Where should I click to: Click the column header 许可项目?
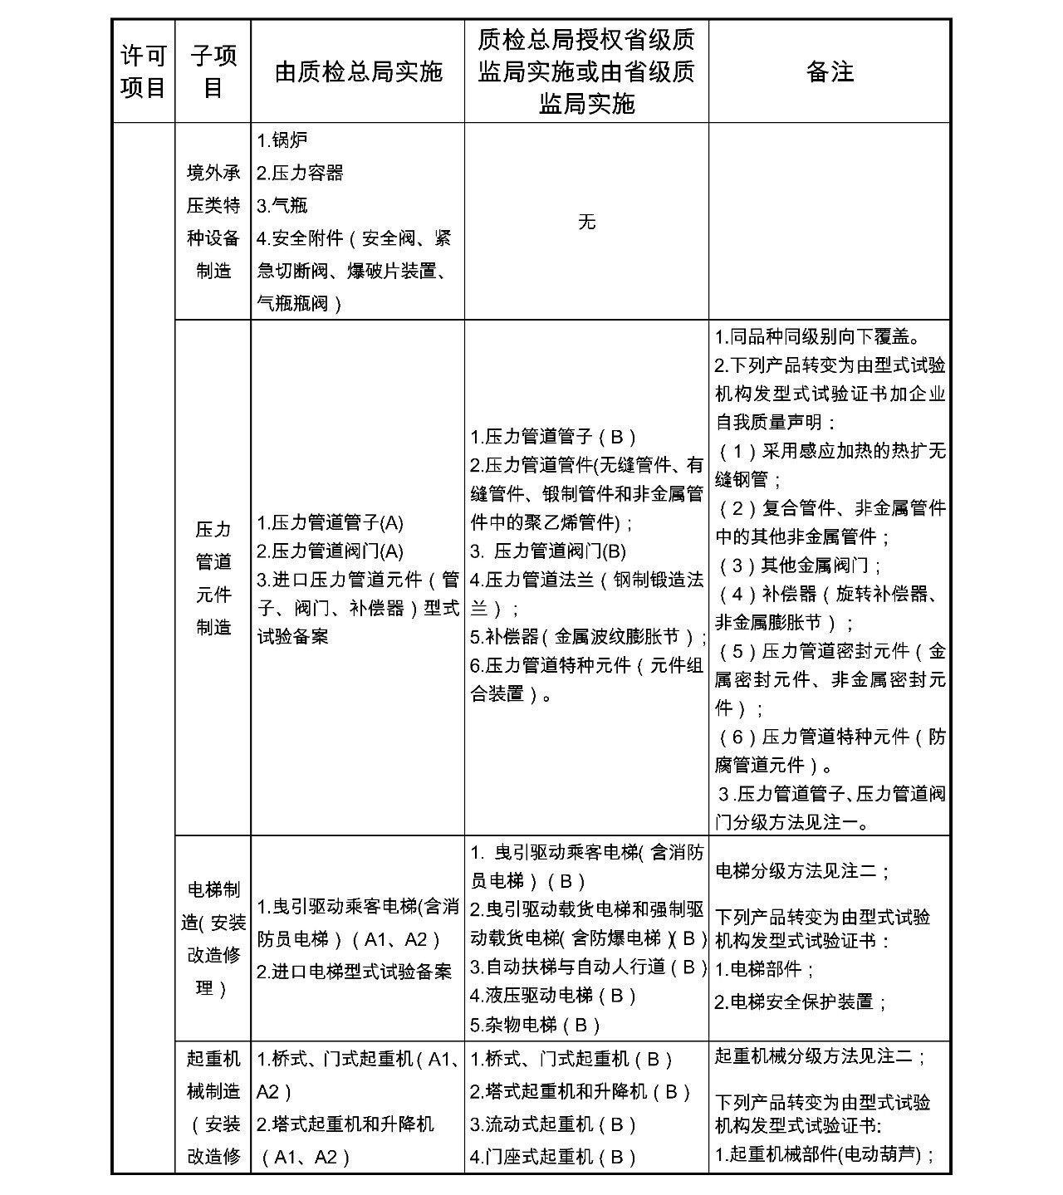143,71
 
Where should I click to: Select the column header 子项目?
213,71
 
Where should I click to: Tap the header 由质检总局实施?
358,72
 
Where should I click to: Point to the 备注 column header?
830,72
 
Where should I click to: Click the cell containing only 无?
586,222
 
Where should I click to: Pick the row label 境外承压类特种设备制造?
213,222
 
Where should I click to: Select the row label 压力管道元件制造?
213,578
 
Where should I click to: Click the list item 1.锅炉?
282,140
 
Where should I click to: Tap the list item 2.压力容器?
300,173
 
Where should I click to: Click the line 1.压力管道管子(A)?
330,523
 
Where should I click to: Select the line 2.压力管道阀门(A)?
330,551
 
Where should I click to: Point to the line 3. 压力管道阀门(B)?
548,551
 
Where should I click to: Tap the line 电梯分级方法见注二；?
802,871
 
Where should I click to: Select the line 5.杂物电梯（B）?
536,1025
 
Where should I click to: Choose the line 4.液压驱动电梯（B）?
553,996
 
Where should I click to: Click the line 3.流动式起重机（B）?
553,1124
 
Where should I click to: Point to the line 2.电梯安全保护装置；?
801,1002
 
